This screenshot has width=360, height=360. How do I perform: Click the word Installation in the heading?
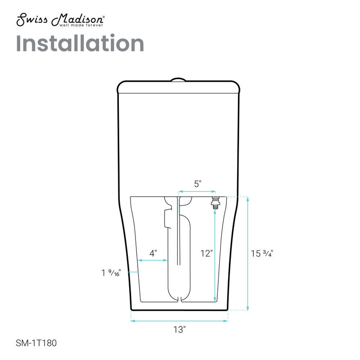coord(80,43)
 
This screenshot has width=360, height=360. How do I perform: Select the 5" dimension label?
coord(198,184)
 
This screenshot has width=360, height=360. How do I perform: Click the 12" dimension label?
coord(206,253)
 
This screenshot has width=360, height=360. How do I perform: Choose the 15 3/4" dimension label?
coord(262,253)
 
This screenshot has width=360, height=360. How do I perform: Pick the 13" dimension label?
coord(179,329)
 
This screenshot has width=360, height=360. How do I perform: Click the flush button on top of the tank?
coord(178,80)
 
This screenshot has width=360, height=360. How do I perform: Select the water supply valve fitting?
coord(215,202)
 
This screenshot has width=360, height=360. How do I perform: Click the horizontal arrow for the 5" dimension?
coord(196,191)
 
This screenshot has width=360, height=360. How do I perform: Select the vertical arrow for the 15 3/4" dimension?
coord(247,253)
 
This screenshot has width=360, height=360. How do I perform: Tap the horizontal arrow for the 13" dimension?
coord(179,321)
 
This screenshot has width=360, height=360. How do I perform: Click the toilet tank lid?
coord(177,86)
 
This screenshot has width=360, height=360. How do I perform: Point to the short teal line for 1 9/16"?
coord(134,272)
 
